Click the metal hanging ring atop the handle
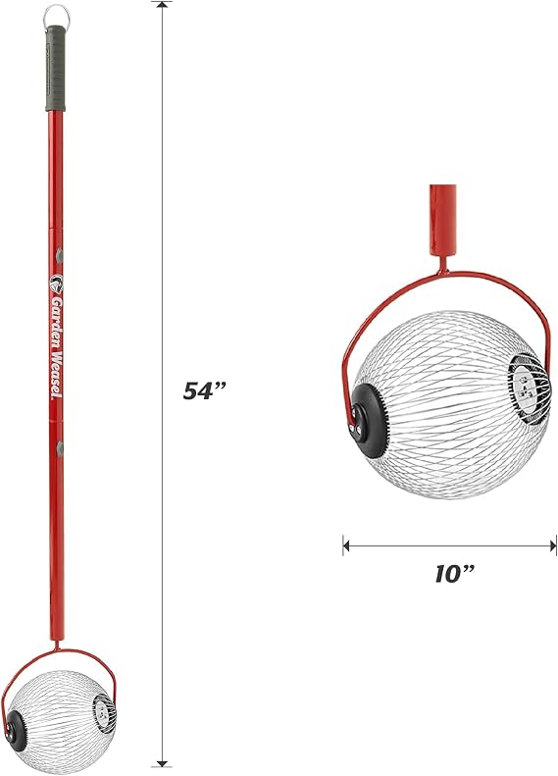click(x=56, y=11)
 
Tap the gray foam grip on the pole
click(x=55, y=69)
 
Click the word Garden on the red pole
click(x=57, y=316)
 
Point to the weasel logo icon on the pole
click(x=57, y=285)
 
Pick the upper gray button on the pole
click(x=60, y=256)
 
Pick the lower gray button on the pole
click(x=60, y=448)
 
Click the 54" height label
click(x=204, y=391)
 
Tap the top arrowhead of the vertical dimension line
click(x=161, y=6)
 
